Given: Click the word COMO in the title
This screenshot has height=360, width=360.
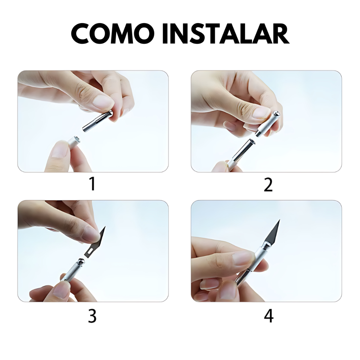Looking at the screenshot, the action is [x=113, y=34].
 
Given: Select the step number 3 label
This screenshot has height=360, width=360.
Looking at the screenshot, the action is [x=92, y=316].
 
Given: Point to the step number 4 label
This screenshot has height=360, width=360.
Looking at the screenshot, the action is [x=269, y=316].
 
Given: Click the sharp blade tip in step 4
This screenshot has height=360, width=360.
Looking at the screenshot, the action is [x=280, y=220].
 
